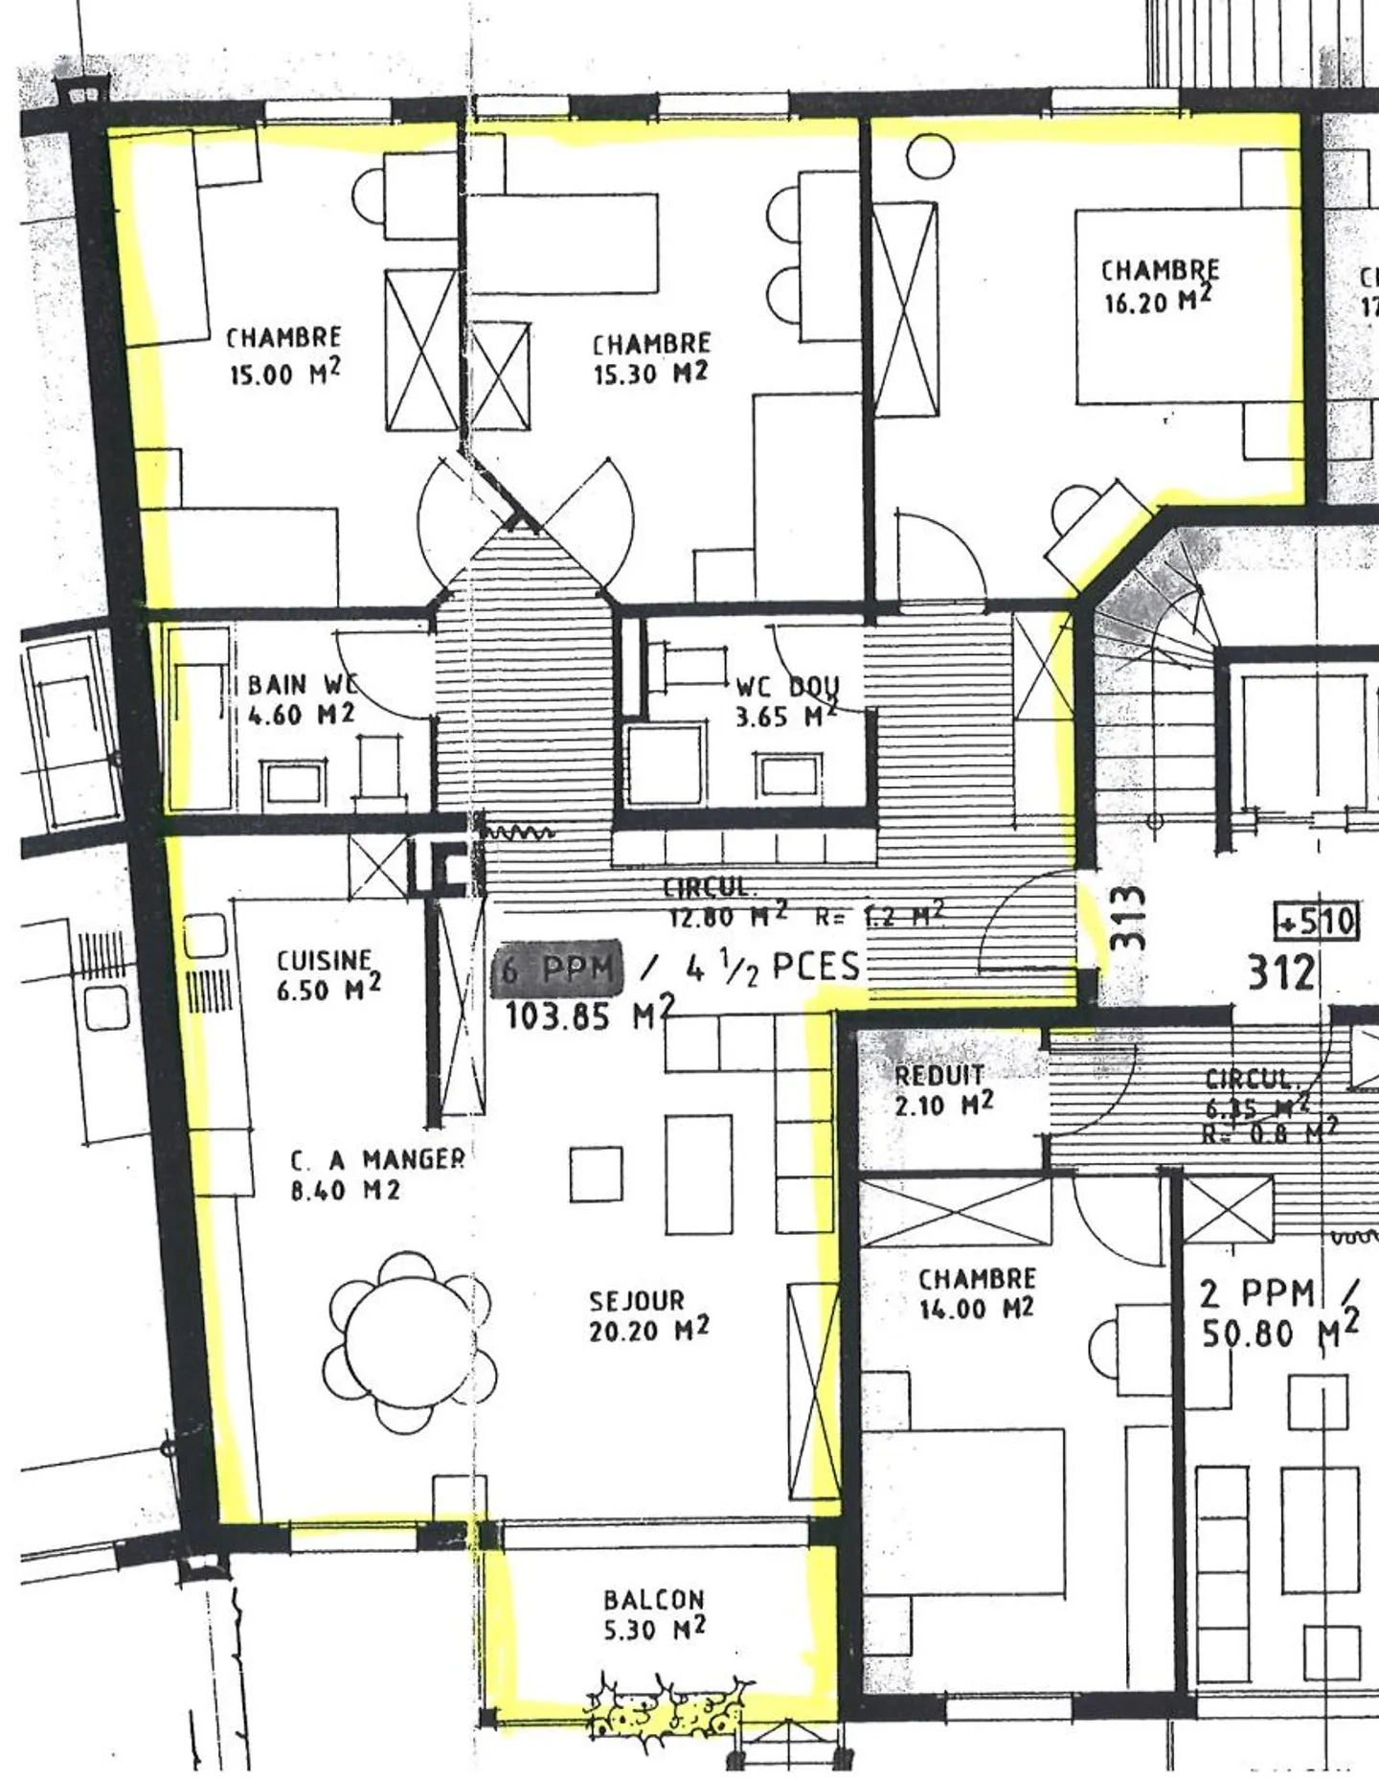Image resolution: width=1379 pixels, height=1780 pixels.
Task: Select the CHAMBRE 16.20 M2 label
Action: coord(1159,285)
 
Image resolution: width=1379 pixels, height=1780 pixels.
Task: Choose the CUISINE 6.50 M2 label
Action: coord(327,975)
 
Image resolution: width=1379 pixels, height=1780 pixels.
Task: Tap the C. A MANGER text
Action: coord(377,1160)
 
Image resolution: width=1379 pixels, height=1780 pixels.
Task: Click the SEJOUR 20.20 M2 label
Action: coord(647,1315)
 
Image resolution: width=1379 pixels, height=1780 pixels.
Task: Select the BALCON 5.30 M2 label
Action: coord(654,1614)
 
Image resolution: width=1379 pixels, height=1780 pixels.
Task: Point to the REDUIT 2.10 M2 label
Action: coord(942,1089)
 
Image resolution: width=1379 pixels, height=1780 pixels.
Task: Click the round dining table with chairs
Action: coord(409,1342)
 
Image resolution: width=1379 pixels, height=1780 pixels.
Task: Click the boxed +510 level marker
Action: coord(1316,922)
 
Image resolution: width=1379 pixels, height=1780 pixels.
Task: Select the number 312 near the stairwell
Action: coord(1280,972)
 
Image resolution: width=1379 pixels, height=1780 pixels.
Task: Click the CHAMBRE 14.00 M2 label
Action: coord(977,1293)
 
